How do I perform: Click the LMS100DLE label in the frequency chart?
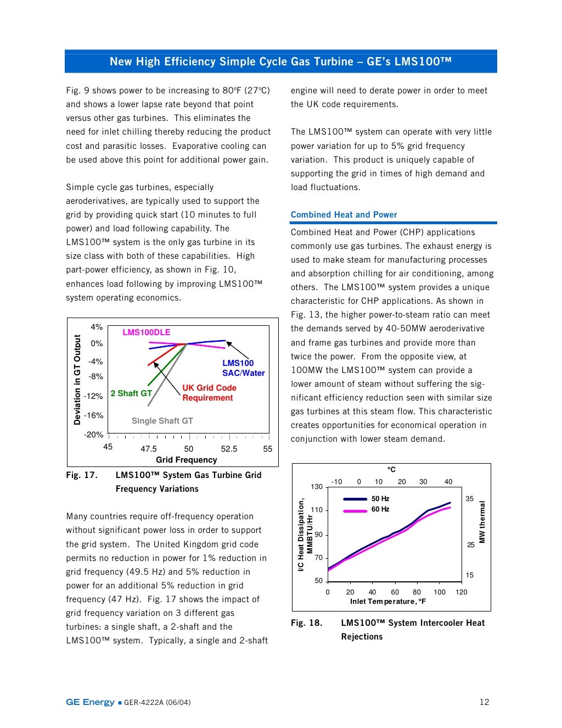point(146,332)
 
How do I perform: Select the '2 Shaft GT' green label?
point(131,393)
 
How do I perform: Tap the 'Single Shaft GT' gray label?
point(162,421)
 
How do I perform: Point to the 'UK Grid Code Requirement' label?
point(209,393)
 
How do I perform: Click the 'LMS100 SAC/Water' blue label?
point(243,368)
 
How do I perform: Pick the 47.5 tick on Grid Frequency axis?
point(149,449)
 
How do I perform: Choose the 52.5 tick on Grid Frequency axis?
point(229,449)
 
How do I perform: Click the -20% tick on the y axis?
point(93,435)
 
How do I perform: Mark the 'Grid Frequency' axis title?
point(186,460)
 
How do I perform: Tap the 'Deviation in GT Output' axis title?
point(77,380)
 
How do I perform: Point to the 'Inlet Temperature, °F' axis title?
point(387,602)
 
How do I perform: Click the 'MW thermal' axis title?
point(482,521)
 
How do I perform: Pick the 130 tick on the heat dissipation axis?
point(317,487)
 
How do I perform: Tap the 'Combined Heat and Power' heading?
point(344,215)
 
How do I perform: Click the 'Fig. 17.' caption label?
point(82,475)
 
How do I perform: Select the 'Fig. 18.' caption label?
point(306,623)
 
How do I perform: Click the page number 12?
point(484,702)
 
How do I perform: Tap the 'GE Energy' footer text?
point(90,702)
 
